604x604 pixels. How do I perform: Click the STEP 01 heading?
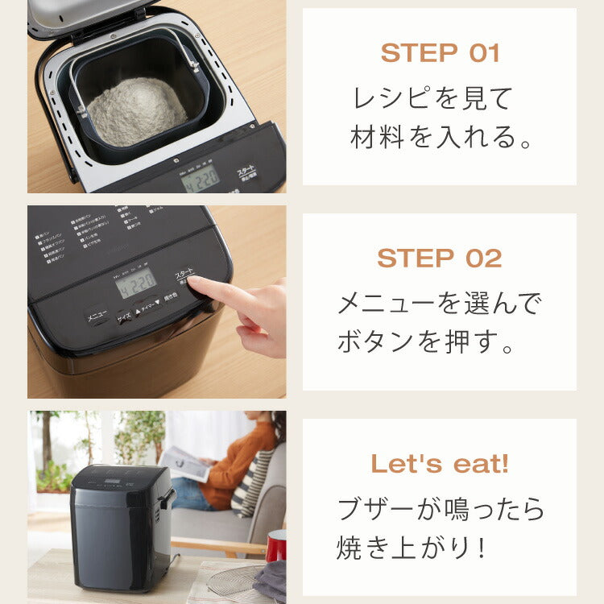coord(440,53)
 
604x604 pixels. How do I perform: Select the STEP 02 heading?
coord(440,259)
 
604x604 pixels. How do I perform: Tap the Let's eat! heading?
coord(440,464)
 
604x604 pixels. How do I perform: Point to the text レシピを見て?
coord(432,98)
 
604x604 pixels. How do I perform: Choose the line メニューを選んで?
coord(440,304)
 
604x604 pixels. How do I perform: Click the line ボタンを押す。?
coord(425,343)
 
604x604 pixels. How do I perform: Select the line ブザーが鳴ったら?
coord(441,509)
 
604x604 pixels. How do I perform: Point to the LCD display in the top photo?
coord(200,178)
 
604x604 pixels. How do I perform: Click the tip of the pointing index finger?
coord(194,283)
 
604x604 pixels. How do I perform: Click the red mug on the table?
coord(276,545)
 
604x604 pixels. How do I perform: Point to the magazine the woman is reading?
coord(184,464)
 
